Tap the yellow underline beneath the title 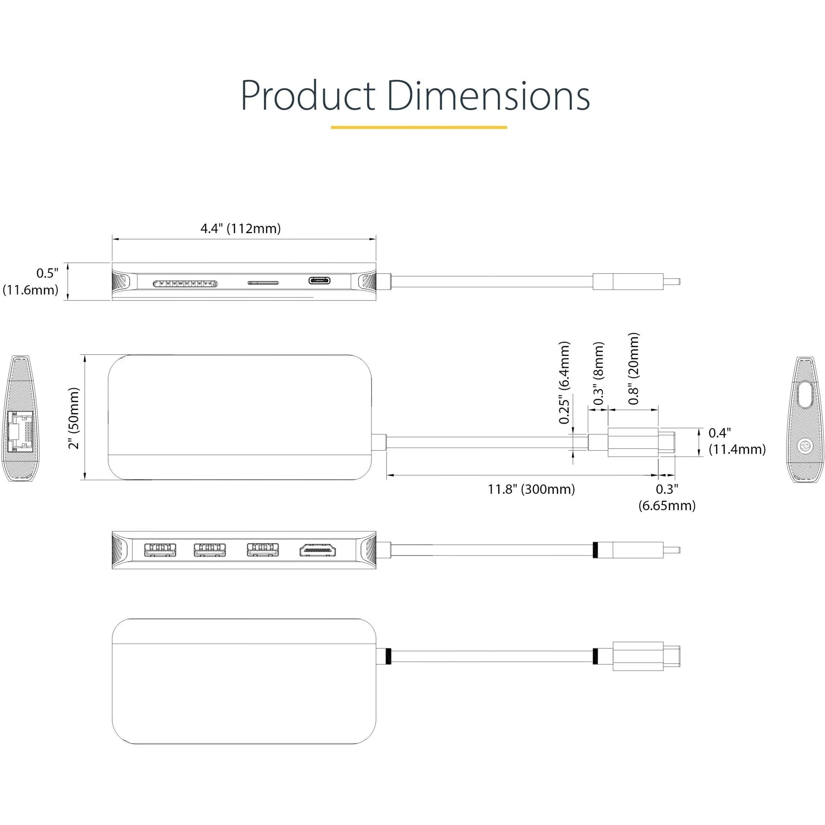tap(419, 127)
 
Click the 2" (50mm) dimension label tap(74, 418)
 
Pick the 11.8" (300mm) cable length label tap(531, 489)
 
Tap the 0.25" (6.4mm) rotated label tap(565, 383)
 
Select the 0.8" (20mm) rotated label tap(634, 368)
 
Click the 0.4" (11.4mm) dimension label tap(737, 441)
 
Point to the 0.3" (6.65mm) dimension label tap(667, 497)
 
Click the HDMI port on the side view tap(318, 550)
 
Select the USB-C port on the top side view tap(320, 281)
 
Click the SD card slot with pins tap(185, 283)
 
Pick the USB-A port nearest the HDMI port tap(262, 550)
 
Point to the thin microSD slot tap(263, 282)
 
